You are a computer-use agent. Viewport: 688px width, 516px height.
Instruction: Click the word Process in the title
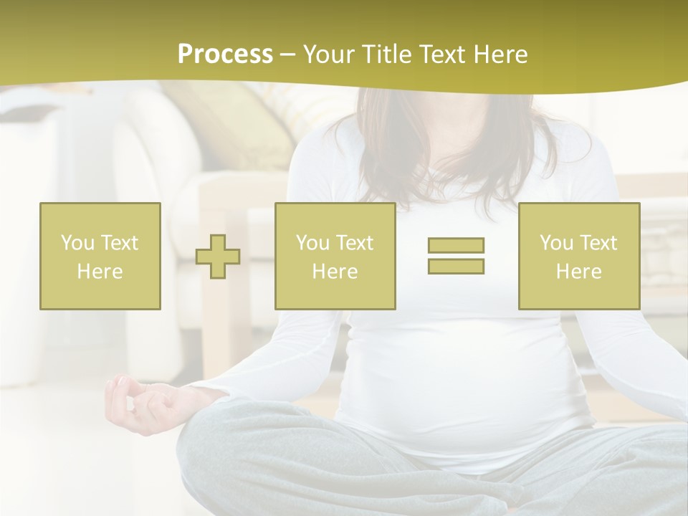tap(225, 54)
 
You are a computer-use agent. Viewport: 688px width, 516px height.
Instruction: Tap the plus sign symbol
tap(218, 257)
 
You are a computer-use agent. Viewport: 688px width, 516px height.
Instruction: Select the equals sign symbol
tap(456, 256)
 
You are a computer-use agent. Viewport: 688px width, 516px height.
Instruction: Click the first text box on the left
tap(100, 256)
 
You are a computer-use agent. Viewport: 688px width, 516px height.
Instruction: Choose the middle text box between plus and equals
tap(335, 256)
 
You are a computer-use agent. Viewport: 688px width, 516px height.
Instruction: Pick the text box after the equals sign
tap(578, 256)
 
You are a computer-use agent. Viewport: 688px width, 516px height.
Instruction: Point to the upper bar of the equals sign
tap(456, 246)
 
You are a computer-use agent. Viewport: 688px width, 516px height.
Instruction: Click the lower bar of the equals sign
tap(456, 266)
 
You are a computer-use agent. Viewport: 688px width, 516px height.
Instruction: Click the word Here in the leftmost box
tap(100, 271)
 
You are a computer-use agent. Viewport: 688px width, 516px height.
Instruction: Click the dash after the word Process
tap(288, 54)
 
